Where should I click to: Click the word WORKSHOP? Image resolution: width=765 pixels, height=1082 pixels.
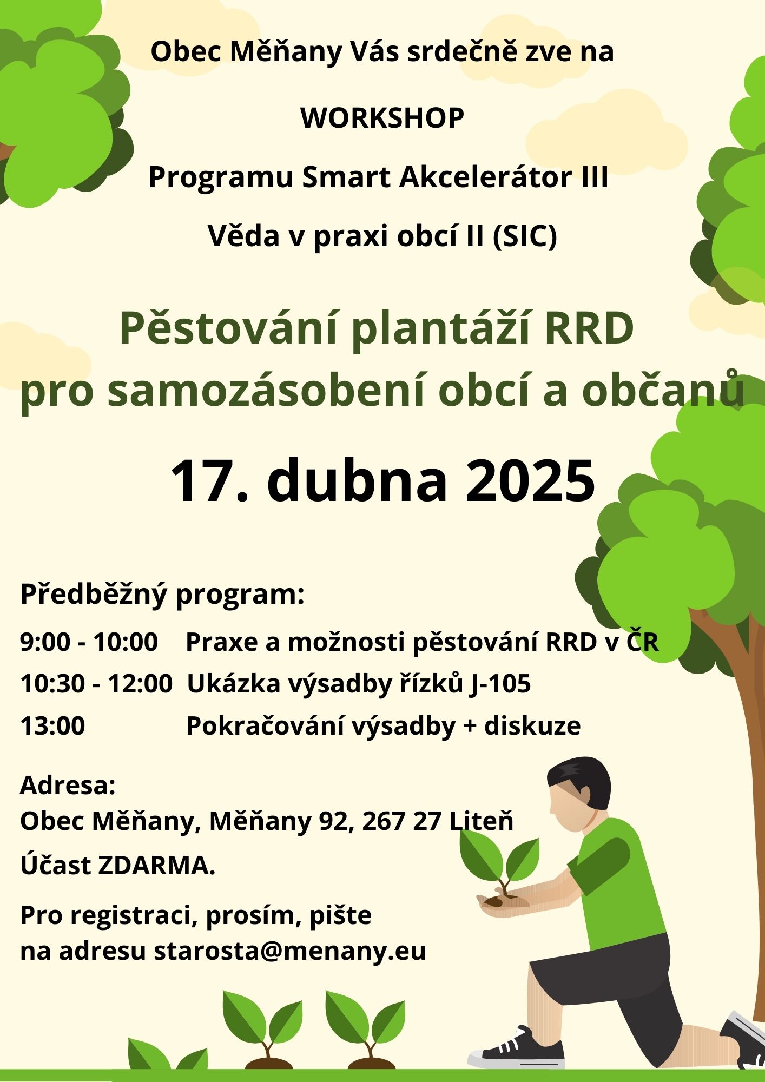(x=382, y=118)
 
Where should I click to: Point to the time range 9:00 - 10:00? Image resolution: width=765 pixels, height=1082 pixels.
(x=89, y=642)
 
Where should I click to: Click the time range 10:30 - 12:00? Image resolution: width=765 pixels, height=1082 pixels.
(x=96, y=684)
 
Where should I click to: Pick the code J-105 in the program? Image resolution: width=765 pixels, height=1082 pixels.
(x=500, y=684)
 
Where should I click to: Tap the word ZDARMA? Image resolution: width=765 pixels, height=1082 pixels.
(x=156, y=866)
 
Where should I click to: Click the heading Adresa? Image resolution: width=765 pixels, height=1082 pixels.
(x=68, y=786)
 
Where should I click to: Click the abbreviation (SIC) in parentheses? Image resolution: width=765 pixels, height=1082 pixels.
(x=524, y=236)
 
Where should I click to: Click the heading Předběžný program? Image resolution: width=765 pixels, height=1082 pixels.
(x=162, y=595)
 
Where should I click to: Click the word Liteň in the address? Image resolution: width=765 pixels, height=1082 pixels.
(x=481, y=821)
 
